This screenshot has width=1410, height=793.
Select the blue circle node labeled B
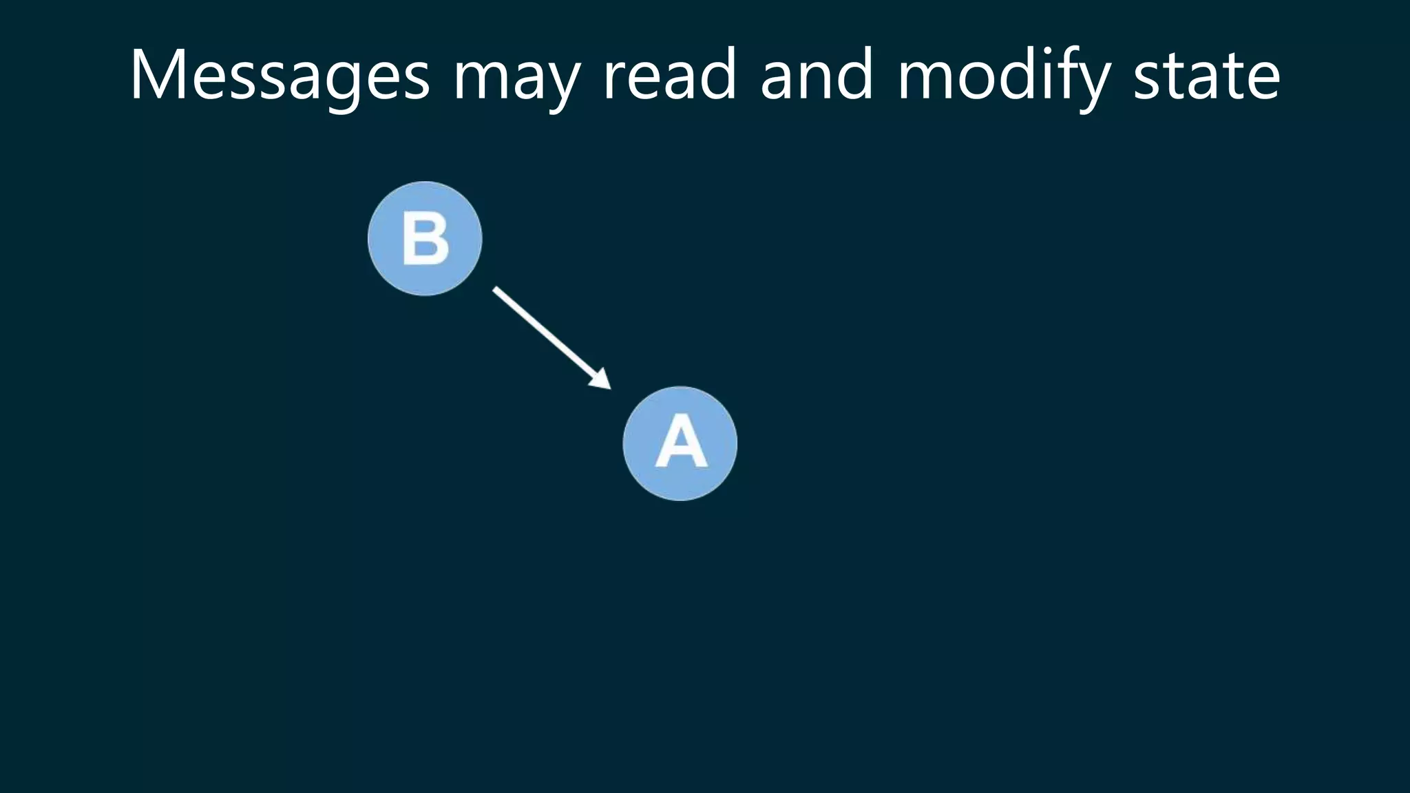pos(425,239)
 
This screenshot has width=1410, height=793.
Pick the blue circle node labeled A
pos(680,443)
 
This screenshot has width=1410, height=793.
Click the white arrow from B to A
pos(547,335)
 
